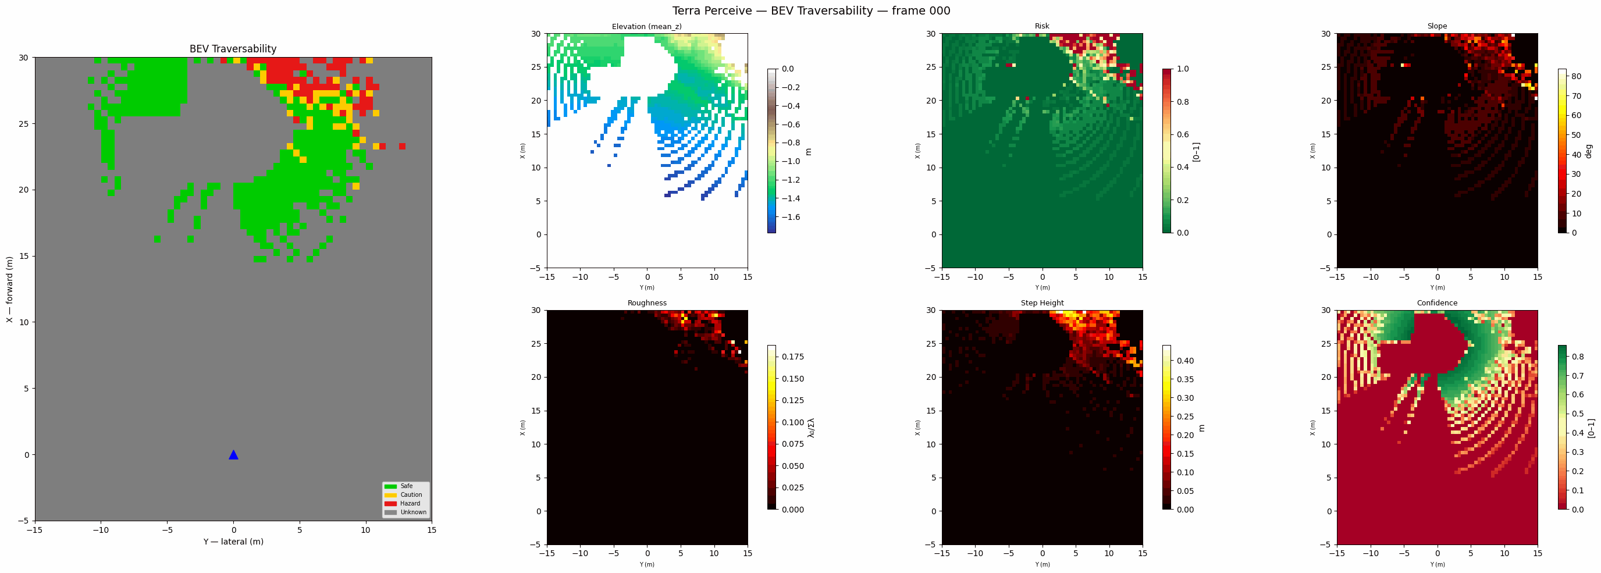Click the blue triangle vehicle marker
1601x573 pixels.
pos(233,455)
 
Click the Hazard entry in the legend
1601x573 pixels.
pos(410,503)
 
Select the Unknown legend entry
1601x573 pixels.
pos(413,512)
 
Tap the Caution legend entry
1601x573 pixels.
pos(411,494)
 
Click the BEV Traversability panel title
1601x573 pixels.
pos(233,48)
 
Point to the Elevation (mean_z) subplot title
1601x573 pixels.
pos(646,26)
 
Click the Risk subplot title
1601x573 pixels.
pos(1042,26)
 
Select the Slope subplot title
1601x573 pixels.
pos(1437,26)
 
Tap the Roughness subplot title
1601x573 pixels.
pos(646,303)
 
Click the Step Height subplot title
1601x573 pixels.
pos(1042,303)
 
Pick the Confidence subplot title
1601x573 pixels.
pos(1437,303)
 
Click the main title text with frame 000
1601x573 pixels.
pos(811,10)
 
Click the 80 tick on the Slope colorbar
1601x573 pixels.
pos(1576,76)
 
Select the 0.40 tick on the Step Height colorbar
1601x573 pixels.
pos(1184,361)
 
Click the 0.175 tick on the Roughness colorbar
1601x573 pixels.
pos(792,357)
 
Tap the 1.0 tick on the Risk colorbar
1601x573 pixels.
pos(1182,69)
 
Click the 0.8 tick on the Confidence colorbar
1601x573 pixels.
pos(1577,357)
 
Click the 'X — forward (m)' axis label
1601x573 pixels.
pos(9,290)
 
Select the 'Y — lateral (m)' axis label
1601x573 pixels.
pos(233,542)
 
